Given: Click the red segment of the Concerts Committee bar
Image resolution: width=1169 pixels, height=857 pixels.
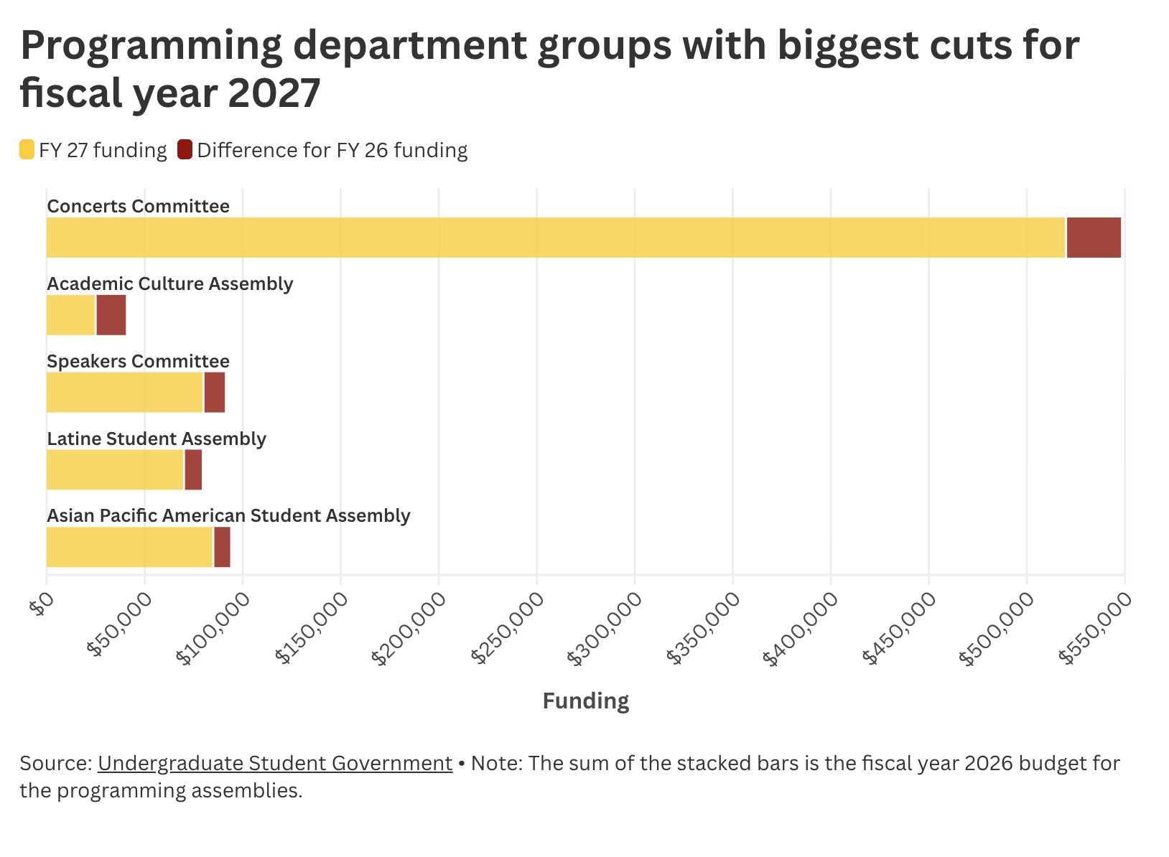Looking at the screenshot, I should coord(1094,238).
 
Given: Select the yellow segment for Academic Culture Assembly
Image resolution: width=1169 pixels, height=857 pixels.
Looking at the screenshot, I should coord(70,315).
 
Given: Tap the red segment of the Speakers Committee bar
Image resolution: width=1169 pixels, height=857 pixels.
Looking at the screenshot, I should coord(214,393).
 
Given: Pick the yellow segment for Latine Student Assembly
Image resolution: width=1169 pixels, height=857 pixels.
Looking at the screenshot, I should coord(115,470).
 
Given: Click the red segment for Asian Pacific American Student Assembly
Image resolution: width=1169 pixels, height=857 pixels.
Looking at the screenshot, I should coord(222,547).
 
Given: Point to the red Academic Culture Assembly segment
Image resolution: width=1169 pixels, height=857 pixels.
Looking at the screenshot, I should coord(111,315).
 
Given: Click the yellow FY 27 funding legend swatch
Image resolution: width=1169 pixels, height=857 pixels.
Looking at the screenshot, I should coord(27,150).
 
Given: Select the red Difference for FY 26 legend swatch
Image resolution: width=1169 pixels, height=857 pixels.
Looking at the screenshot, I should coord(185,150).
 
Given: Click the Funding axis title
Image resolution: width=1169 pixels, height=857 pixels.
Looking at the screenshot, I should coord(585,701).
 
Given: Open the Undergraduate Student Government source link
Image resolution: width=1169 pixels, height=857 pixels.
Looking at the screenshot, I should coord(274,763).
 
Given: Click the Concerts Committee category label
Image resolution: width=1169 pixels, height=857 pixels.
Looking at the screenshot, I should coord(138,207).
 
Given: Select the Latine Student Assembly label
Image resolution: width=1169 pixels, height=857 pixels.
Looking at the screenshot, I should coord(156,439).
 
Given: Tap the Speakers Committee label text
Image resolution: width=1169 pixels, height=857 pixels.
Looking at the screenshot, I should coord(138,361).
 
